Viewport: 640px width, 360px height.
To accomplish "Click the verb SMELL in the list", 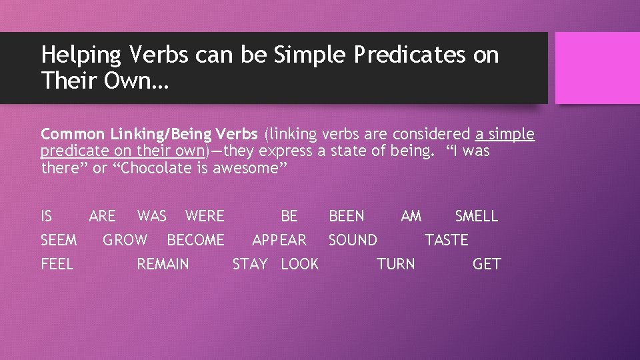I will pos(476,216).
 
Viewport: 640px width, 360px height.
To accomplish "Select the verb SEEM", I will pos(59,240).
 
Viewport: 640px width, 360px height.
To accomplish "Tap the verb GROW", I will pos(125,240).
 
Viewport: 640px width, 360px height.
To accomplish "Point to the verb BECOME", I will pos(195,240).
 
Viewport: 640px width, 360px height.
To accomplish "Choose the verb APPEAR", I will pos(279,240).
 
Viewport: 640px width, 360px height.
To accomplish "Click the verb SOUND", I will pos(353,240).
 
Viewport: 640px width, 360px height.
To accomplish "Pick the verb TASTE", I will pos(447,240).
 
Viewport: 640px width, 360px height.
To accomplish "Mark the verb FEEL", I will pos(57,264).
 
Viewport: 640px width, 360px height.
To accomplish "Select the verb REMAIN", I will pos(163,264).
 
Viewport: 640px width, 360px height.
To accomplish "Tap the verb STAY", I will pos(250,264).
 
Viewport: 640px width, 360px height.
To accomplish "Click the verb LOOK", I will pos(299,264).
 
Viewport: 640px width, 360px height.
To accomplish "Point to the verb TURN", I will pos(395,264).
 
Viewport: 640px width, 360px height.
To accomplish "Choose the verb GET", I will pos(486,264).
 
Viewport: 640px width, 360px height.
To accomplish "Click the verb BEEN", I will pos(347,216).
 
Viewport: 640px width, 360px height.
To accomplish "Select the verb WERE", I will pos(205,216).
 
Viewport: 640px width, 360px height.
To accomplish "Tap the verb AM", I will pos(411,216).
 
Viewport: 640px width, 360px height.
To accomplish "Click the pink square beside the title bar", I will pos(597,68).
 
